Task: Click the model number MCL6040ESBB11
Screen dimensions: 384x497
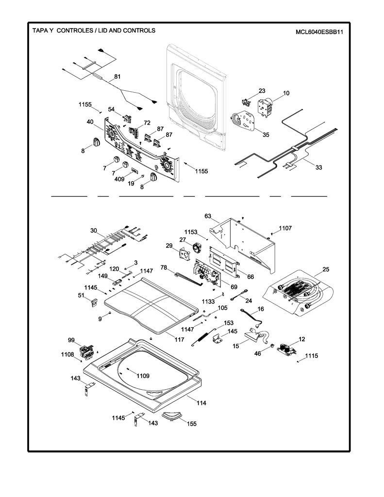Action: (319, 32)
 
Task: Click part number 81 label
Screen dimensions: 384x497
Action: (117, 76)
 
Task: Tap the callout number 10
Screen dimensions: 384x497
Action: (286, 93)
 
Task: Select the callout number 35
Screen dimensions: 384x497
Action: (266, 135)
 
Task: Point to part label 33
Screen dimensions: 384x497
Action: (318, 167)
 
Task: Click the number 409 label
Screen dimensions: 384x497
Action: (119, 179)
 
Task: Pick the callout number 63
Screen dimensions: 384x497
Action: (208, 216)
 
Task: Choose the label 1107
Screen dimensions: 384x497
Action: (285, 228)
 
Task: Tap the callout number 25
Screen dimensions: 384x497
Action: (326, 269)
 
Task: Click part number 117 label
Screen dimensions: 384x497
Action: (179, 339)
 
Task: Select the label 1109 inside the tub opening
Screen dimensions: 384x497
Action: (143, 376)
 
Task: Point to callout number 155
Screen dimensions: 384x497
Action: (192, 424)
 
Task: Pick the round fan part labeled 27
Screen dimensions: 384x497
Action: (197, 248)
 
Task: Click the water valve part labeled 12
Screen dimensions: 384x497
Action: (286, 349)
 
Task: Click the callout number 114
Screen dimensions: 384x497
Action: (201, 403)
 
